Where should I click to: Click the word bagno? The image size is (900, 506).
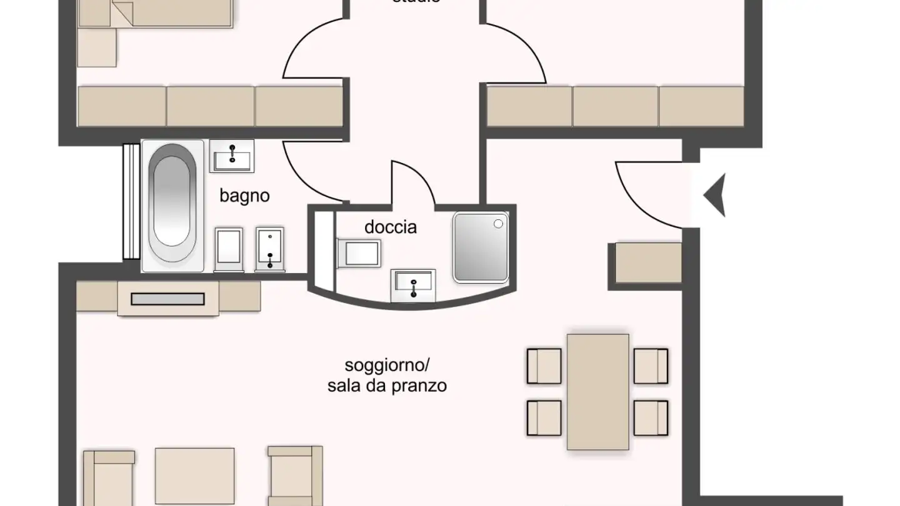click(x=244, y=196)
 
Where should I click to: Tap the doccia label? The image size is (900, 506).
click(x=391, y=227)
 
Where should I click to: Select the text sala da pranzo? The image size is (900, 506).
click(x=387, y=385)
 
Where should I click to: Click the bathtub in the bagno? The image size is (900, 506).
click(x=172, y=204)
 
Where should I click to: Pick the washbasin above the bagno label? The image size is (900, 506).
click(x=232, y=155)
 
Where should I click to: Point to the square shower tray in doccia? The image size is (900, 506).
click(x=480, y=247)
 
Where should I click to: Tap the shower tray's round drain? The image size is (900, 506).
click(x=498, y=223)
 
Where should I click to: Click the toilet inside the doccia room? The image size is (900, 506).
click(x=357, y=254)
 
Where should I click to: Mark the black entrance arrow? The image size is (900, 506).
click(x=715, y=196)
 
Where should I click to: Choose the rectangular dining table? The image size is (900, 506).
click(x=597, y=392)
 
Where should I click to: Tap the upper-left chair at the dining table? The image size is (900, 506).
click(x=544, y=365)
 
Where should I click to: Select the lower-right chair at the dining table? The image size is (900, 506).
click(x=651, y=417)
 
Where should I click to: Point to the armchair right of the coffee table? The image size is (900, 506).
click(x=294, y=475)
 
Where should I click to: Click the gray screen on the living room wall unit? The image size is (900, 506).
click(x=167, y=299)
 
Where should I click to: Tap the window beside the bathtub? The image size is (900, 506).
click(x=131, y=201)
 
